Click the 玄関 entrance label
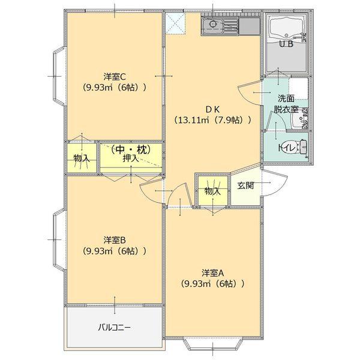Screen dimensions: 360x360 [245, 185]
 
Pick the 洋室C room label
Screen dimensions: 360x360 [114, 76]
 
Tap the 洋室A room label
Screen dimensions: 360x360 [213, 272]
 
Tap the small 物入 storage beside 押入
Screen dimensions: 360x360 [81, 158]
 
